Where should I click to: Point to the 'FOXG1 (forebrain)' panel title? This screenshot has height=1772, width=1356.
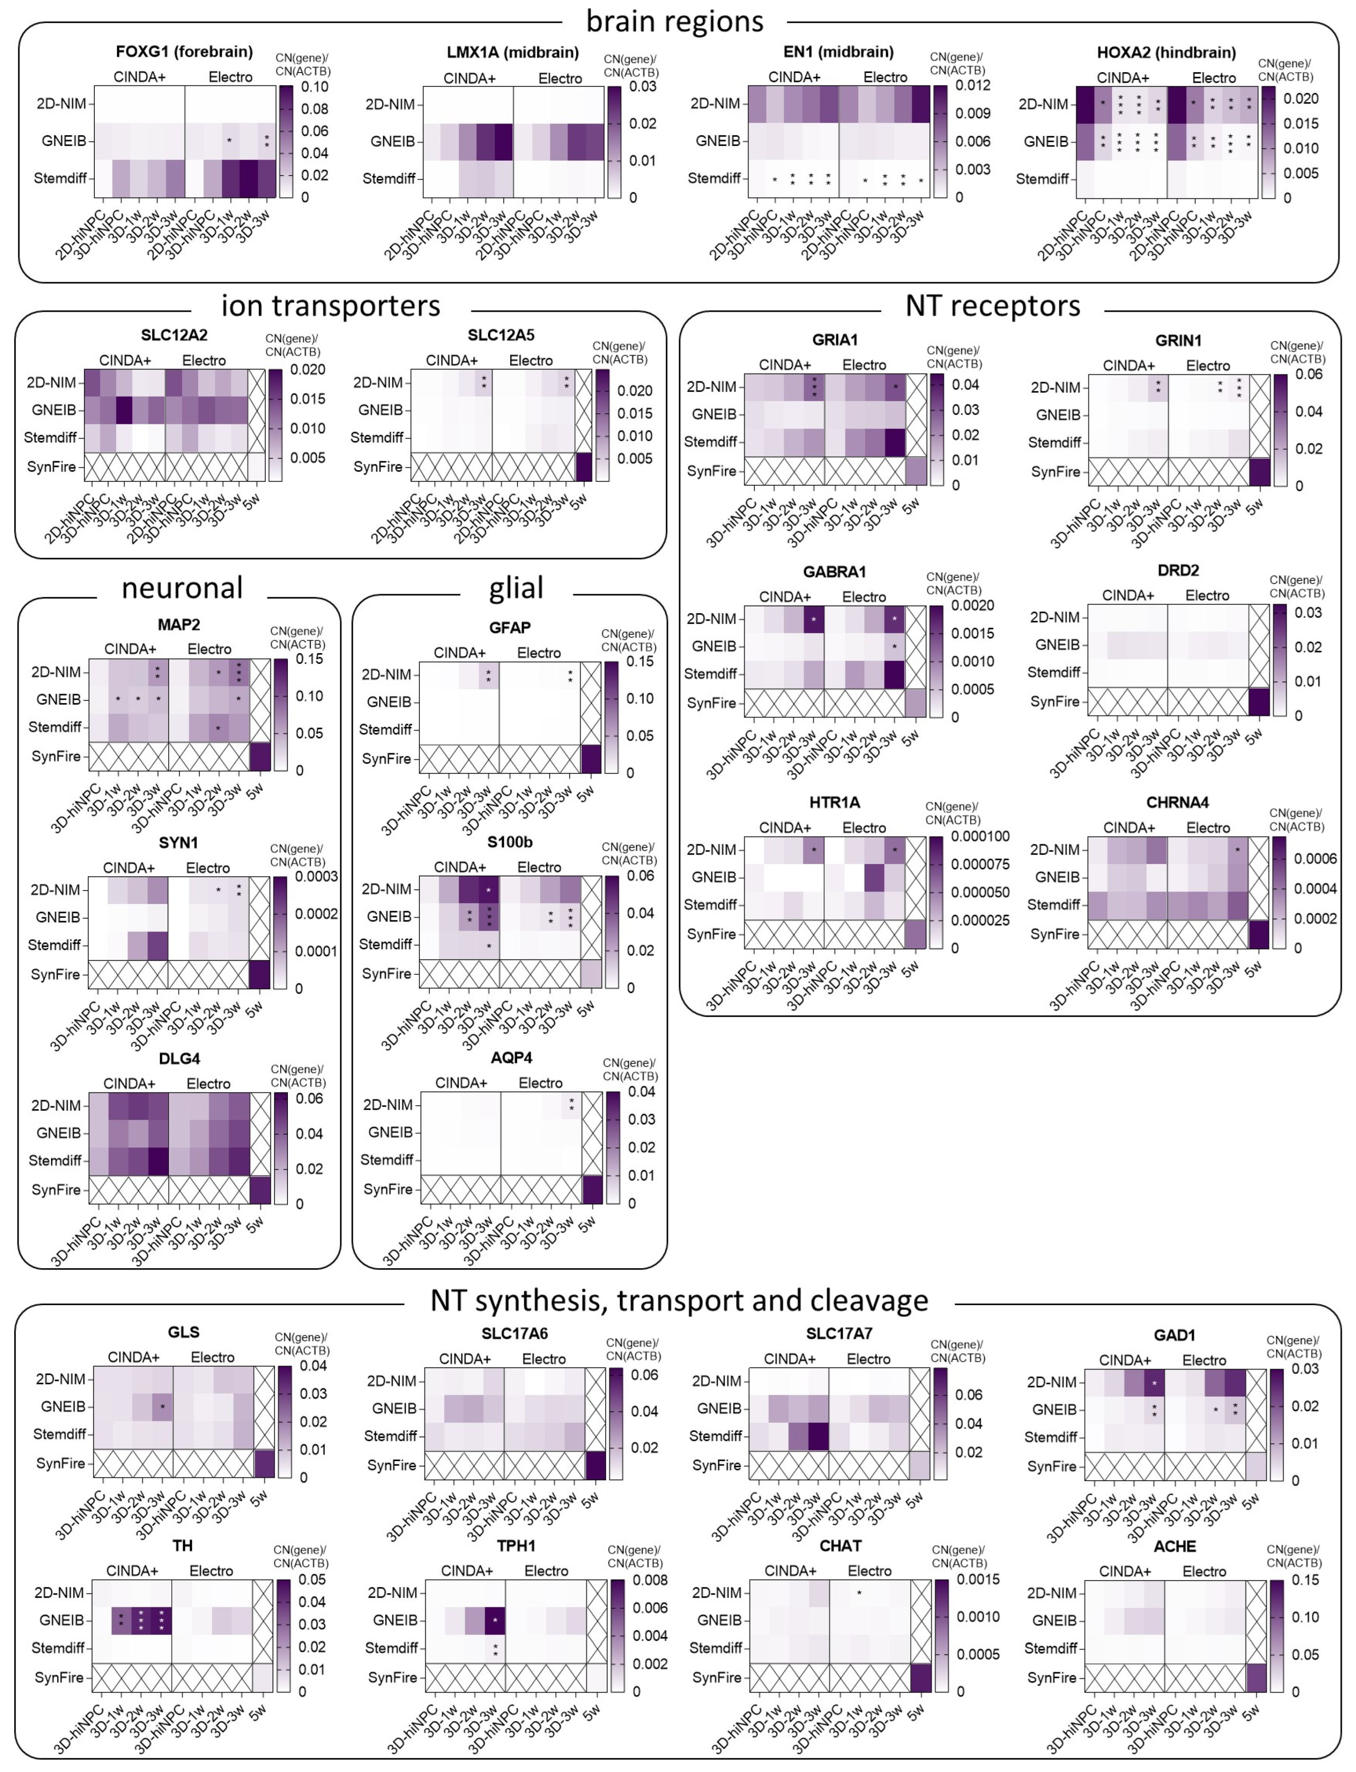pyautogui.click(x=184, y=52)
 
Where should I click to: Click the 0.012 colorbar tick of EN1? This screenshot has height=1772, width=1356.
pyautogui.click(x=973, y=85)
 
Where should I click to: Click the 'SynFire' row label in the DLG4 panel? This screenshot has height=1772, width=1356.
pyautogui.click(x=56, y=1189)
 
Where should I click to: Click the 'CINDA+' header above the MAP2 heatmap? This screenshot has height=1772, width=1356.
pyautogui.click(x=130, y=649)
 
